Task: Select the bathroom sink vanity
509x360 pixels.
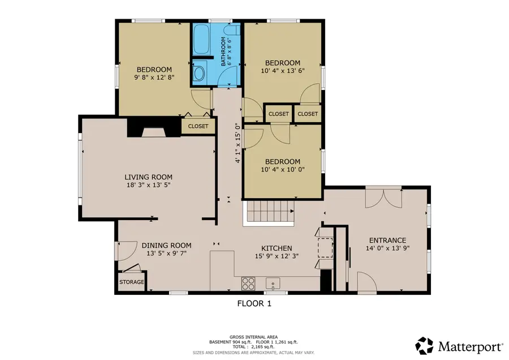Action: [199, 72]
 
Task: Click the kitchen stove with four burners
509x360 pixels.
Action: [248, 284]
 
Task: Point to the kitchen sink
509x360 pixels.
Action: [273, 284]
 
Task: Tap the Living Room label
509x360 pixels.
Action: [148, 177]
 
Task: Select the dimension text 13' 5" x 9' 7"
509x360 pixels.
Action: [166, 254]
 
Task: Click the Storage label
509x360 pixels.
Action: [131, 282]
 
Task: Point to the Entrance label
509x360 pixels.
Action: [387, 241]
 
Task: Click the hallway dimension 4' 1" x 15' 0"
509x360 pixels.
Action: [238, 143]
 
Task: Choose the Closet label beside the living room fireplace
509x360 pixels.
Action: [198, 126]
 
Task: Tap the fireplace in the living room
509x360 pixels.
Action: [154, 128]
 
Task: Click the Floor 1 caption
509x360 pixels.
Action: [254, 303]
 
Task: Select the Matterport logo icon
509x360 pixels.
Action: [424, 346]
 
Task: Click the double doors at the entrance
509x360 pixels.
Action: [383, 198]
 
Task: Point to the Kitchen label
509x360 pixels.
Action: [277, 248]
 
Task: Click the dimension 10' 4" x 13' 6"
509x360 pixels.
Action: [283, 71]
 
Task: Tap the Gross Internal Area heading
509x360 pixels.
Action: [253, 337]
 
